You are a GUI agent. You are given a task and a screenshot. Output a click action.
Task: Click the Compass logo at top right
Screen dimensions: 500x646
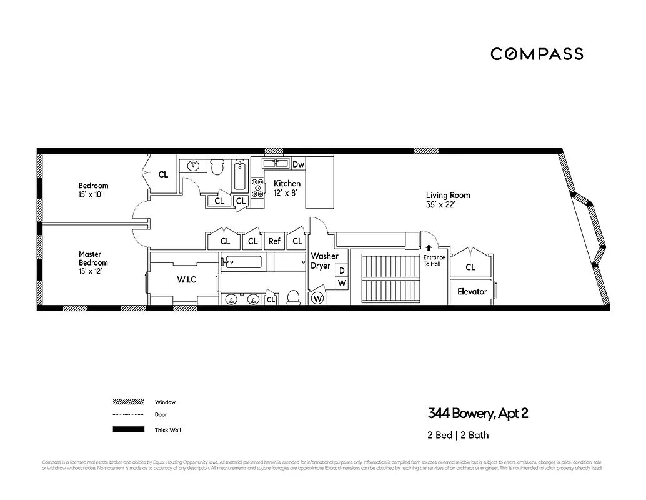click(x=537, y=54)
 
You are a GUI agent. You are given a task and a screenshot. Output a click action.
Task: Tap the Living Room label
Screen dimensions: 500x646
click(x=448, y=199)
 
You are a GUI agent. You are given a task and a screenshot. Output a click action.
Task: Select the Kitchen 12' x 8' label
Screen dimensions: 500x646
click(x=287, y=187)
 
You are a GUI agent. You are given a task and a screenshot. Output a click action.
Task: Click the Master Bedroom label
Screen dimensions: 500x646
click(x=93, y=262)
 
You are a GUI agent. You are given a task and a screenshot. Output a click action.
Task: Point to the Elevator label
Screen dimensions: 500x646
click(x=472, y=292)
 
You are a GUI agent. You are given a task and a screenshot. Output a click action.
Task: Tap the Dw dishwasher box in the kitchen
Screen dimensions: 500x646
click(x=298, y=164)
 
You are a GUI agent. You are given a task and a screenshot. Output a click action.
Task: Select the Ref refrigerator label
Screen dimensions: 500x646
click(x=274, y=241)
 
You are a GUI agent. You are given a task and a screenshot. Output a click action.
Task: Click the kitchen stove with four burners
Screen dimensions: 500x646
click(x=257, y=188)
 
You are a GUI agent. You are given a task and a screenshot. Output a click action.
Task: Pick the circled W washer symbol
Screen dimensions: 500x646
click(x=317, y=298)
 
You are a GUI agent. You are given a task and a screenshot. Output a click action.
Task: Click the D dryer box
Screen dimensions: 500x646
click(x=342, y=271)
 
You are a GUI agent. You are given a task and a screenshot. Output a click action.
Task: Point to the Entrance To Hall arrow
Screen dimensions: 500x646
click(x=429, y=248)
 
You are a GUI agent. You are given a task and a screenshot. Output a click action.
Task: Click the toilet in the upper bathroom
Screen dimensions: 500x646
click(x=217, y=167)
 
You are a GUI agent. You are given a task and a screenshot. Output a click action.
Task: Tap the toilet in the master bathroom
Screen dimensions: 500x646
click(x=294, y=298)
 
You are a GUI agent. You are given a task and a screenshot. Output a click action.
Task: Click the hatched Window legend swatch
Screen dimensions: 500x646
click(x=127, y=402)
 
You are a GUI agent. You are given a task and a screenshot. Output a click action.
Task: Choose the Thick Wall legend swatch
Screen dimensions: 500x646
click(x=127, y=430)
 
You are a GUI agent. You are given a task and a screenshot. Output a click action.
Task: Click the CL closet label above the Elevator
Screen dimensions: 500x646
click(x=470, y=267)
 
